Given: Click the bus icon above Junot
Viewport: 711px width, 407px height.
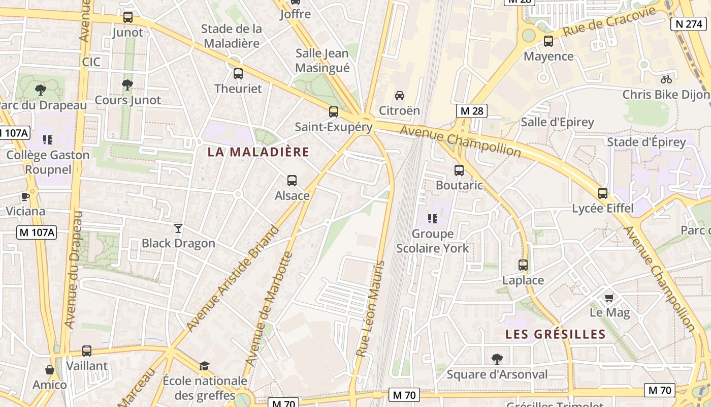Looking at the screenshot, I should click(x=128, y=17).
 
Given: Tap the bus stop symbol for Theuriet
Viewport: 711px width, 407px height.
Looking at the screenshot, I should click(x=238, y=74).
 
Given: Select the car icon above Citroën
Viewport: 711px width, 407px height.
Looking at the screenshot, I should click(x=400, y=95).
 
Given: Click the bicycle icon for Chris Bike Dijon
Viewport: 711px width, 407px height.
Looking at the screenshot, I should click(x=666, y=79).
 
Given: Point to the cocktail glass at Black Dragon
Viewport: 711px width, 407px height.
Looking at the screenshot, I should click(x=178, y=228).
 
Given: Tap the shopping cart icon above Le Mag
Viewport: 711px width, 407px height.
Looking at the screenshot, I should click(x=609, y=298).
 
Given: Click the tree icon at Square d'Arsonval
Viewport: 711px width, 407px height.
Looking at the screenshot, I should click(x=497, y=359).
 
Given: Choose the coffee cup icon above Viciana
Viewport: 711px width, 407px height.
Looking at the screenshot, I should click(x=25, y=196).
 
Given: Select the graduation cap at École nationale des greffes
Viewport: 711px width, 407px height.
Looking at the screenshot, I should click(x=204, y=366).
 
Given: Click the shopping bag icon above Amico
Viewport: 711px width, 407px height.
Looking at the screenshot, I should click(x=50, y=369).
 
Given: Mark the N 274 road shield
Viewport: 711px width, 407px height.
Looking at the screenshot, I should click(x=688, y=23).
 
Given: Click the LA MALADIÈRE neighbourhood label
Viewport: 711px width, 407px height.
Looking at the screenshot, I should click(x=258, y=152).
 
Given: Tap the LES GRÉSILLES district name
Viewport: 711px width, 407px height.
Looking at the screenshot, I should click(x=556, y=334).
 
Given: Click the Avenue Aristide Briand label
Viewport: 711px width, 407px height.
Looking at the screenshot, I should click(x=233, y=278).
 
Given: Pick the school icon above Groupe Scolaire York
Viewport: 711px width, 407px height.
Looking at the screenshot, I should click(x=433, y=219).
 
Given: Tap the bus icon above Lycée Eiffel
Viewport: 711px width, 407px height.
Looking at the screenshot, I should click(x=603, y=193).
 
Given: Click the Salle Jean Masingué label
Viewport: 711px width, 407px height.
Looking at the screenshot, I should click(x=322, y=61).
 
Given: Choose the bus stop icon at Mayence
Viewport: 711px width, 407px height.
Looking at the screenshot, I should click(x=548, y=41).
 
